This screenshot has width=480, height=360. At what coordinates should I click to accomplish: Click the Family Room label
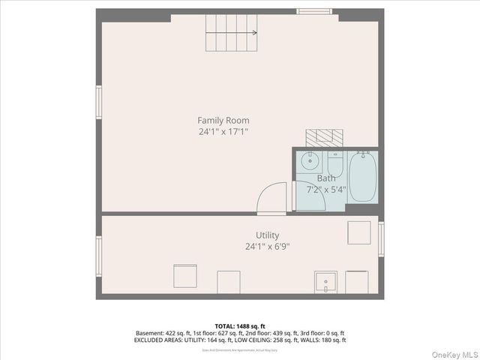coord(223,120)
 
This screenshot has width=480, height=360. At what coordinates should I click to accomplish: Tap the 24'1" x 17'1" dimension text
coord(223,131)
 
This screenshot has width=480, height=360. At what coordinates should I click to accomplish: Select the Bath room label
coord(326,178)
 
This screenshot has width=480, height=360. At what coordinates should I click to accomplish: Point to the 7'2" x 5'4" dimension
coord(326,190)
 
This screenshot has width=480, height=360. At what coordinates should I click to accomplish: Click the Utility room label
coord(267,235)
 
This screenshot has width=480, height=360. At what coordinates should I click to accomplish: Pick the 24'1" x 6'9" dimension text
coord(267,247)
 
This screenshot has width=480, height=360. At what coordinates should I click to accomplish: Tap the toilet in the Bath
coord(335,163)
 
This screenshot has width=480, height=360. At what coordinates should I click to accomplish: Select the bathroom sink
coord(309,160)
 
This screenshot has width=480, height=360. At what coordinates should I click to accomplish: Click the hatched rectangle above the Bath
coord(324,136)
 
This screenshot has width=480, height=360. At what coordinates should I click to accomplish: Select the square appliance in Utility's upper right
coord(358,232)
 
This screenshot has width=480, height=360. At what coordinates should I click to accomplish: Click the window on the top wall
coord(314,11)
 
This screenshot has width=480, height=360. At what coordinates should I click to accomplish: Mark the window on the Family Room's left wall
coord(98,102)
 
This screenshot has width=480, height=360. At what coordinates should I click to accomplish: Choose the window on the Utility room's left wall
coord(98,256)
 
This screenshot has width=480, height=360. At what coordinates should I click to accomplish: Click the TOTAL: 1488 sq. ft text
coord(240,326)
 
